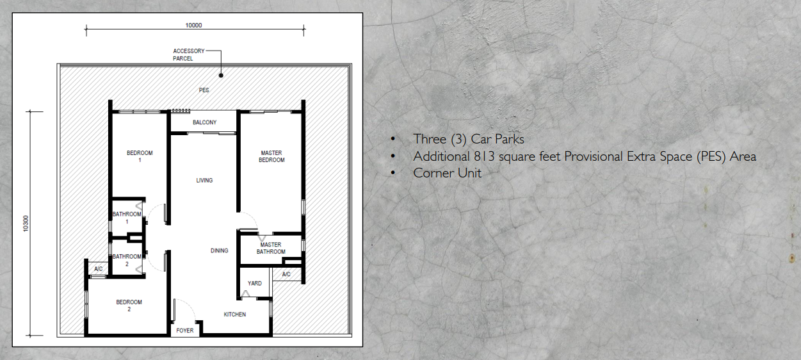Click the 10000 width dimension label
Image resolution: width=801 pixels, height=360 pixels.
(x=194, y=26)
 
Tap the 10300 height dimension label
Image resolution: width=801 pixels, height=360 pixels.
(x=26, y=223)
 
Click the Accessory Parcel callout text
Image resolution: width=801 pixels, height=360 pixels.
(x=188, y=54)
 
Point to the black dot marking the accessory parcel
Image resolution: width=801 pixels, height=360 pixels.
(x=221, y=75)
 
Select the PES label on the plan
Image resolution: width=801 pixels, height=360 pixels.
(x=204, y=90)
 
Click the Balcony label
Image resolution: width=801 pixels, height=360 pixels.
(x=204, y=122)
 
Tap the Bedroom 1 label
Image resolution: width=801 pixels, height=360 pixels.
(x=140, y=156)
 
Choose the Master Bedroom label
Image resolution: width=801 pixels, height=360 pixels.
(x=271, y=156)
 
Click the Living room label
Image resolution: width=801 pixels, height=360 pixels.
(x=204, y=181)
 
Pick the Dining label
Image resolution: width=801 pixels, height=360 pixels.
(x=219, y=250)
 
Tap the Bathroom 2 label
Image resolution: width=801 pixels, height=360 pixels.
(x=127, y=260)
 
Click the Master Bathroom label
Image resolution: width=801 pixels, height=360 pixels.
(x=271, y=248)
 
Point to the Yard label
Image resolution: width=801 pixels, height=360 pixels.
(x=255, y=283)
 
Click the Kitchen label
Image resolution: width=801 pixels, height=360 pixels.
(x=234, y=315)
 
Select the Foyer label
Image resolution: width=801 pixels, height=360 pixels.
(x=184, y=331)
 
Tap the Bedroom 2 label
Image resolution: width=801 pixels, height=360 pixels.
(x=129, y=306)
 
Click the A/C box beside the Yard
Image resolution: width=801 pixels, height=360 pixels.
(x=286, y=274)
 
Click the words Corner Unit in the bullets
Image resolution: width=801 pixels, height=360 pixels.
(x=447, y=173)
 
